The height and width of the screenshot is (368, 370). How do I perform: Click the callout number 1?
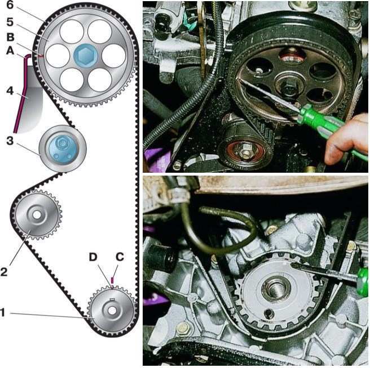pos(5,313)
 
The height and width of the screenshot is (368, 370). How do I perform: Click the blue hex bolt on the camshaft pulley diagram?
pos(86,56)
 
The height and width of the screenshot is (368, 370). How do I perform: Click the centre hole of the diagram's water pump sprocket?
pos(37,215)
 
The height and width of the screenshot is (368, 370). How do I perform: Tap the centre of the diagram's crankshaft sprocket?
pos(112,309)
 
